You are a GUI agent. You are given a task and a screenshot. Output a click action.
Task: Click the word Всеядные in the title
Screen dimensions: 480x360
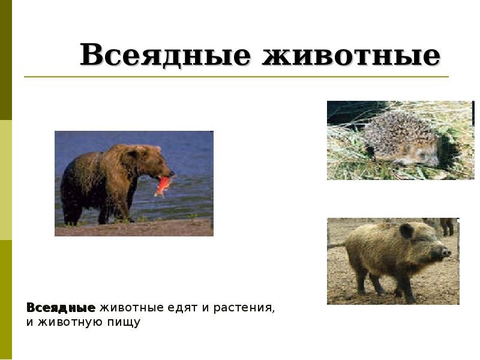pyautogui.click(x=166, y=55)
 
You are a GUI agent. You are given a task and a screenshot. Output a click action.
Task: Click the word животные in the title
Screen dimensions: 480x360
pyautogui.click(x=351, y=55)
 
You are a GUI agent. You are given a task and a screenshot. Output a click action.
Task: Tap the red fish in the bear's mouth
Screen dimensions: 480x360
pyautogui.click(x=163, y=185)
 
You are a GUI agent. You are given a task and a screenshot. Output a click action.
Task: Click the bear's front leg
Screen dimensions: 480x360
pyautogui.click(x=122, y=205)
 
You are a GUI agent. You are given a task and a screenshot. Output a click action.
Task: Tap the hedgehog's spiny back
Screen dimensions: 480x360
pyautogui.click(x=398, y=131)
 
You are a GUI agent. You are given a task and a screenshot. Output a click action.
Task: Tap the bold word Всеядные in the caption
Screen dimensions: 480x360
pyautogui.click(x=61, y=308)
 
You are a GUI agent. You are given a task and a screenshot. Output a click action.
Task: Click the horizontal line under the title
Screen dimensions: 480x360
pyautogui.click(x=236, y=77)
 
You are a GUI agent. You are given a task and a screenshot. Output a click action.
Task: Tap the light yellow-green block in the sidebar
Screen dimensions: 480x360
pyautogui.click(x=6, y=180)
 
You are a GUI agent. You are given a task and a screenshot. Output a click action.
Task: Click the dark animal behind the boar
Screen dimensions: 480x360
pyautogui.click(x=448, y=227)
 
